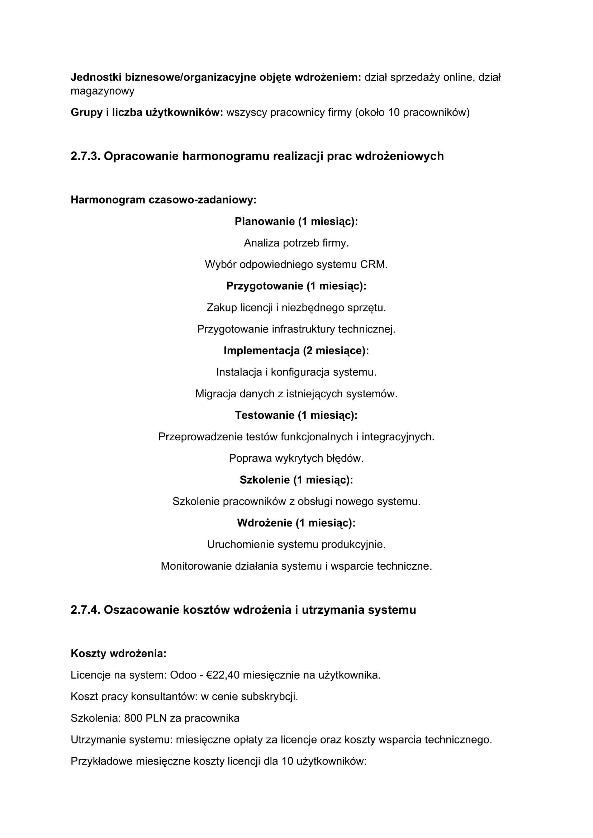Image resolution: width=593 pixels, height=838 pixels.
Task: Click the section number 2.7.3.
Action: coord(85,156)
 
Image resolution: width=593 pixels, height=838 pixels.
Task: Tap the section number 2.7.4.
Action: coord(85,610)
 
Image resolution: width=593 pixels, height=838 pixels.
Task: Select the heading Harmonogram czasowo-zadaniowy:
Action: coord(163,200)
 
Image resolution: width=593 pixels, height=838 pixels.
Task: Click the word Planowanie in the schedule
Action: coord(264,221)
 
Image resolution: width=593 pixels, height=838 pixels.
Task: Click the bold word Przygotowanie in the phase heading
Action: coord(264,286)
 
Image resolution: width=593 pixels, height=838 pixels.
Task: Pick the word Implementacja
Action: coord(261,351)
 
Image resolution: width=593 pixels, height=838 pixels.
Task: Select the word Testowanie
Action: coord(264,415)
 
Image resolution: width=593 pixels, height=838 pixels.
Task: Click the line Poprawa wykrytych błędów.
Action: coord(296,459)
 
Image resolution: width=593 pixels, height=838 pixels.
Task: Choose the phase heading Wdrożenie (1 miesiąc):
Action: coord(296,523)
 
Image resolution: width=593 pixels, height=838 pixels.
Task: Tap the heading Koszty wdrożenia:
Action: coord(118,654)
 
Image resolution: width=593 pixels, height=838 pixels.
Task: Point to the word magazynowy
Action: coord(102,91)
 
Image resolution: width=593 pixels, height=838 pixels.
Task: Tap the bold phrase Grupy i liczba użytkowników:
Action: coord(146,112)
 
